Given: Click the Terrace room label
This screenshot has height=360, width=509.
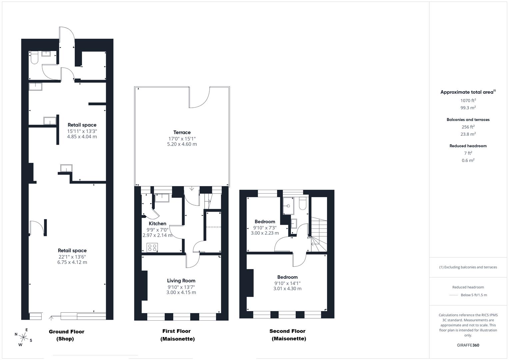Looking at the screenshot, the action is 182,132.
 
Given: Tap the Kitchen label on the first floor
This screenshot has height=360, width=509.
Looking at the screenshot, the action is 157,223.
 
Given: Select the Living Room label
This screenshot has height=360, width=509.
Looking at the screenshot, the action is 181,281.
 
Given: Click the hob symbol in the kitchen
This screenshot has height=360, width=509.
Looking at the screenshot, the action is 152,247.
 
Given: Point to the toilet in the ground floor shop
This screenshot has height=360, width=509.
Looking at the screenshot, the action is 34,57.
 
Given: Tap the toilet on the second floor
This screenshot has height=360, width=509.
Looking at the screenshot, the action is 302,203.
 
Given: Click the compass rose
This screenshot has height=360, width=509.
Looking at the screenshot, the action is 23,337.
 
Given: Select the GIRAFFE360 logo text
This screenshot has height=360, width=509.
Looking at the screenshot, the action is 468,345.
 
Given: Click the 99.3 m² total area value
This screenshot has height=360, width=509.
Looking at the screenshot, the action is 468,107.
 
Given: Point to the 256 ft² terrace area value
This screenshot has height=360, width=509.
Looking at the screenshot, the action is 468,127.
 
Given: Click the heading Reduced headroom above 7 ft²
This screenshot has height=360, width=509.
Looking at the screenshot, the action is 468,146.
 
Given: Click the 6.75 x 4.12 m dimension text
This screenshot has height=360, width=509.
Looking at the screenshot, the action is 72,262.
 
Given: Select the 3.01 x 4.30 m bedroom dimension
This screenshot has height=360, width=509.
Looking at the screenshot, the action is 287,289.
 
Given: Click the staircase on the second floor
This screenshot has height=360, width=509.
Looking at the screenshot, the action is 319,235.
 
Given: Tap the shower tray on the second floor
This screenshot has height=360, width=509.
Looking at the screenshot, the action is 288,206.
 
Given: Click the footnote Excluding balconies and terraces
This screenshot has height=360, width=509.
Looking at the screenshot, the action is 468,267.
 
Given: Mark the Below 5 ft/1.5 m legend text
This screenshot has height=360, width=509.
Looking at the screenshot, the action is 474,295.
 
